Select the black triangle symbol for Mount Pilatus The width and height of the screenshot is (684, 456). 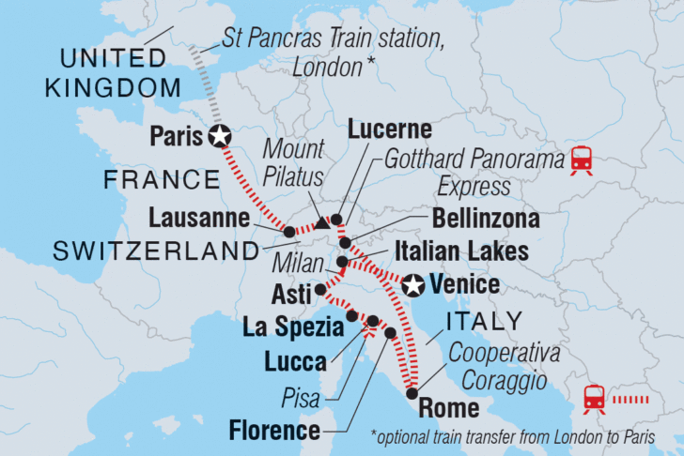322,224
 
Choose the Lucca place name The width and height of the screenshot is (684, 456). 294,360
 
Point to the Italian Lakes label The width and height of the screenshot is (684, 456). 475,251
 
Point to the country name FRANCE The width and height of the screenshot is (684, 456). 159,179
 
